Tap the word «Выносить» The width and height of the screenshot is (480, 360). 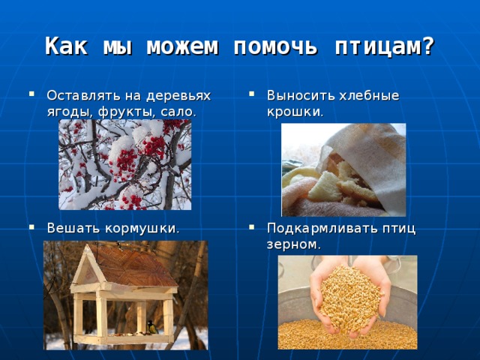292,96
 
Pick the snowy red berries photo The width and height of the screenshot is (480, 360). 124,165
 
